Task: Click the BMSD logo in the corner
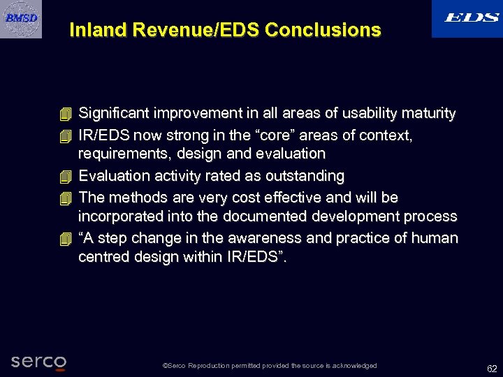tap(21, 18)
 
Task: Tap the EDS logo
tap(467, 18)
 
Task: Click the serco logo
tap(38, 362)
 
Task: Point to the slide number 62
tap(492, 368)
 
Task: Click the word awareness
tap(267, 238)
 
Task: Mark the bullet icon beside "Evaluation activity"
tap(66, 175)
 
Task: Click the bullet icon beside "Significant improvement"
tap(66, 113)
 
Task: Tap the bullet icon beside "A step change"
tap(66, 238)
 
